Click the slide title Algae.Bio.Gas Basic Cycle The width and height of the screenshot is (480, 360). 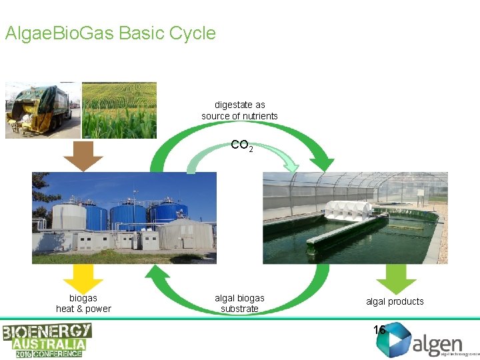[110, 33]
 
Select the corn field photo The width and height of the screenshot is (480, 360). [119, 110]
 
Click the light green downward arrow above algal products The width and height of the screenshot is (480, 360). [396, 279]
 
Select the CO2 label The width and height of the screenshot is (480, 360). [241, 145]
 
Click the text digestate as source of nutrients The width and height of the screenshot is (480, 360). [239, 111]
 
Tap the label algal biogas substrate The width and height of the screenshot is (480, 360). [239, 303]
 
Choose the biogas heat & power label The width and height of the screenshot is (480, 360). [83, 303]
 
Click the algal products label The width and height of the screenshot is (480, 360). [395, 301]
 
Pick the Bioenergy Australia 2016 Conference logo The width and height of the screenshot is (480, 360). [47, 340]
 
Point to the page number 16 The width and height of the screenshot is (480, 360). [379, 329]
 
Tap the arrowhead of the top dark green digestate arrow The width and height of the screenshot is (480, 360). [324, 163]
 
